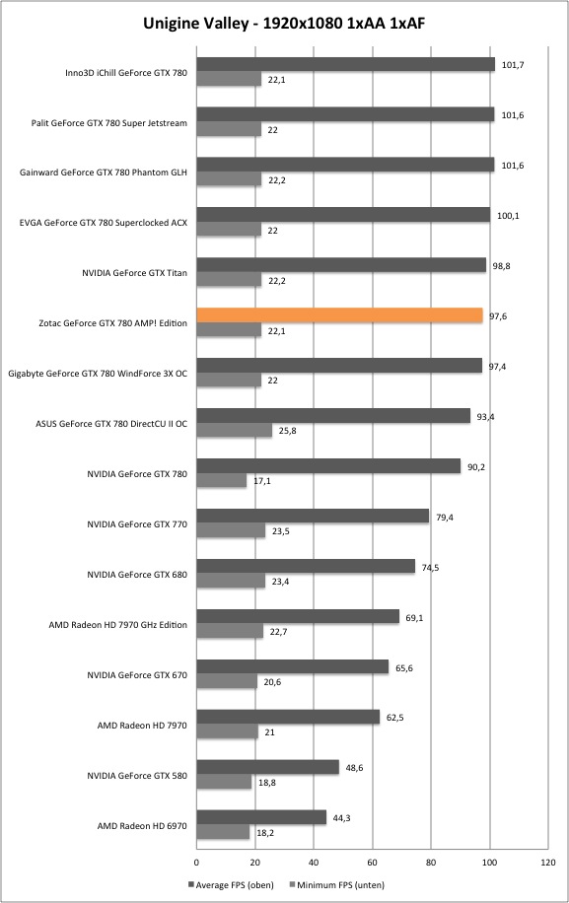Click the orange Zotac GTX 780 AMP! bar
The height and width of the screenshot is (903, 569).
pyautogui.click(x=340, y=315)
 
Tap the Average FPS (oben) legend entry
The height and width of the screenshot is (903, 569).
pyautogui.click(x=231, y=884)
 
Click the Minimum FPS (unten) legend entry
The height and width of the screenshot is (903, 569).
pyautogui.click(x=337, y=884)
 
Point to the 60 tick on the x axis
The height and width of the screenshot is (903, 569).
pyautogui.click(x=373, y=863)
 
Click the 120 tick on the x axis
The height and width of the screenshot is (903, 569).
pyautogui.click(x=548, y=863)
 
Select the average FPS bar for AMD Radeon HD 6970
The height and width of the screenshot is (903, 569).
pyautogui.click(x=261, y=817)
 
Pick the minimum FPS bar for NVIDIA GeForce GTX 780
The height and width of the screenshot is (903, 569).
pyautogui.click(x=222, y=480)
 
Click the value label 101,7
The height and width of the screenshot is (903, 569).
pyautogui.click(x=513, y=65)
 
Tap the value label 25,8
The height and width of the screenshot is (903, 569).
pyautogui.click(x=287, y=430)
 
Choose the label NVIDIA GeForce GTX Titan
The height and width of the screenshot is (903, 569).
pyautogui.click(x=134, y=273)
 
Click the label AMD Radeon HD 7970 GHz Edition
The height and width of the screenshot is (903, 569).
pyautogui.click(x=118, y=625)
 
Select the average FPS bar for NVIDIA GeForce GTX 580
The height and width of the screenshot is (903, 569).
pyautogui.click(x=268, y=767)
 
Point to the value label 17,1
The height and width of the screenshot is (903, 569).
pyautogui.click(x=262, y=480)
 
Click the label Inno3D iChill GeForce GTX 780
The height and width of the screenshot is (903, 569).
pyautogui.click(x=126, y=73)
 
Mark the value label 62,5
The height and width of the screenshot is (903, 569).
pyautogui.click(x=394, y=718)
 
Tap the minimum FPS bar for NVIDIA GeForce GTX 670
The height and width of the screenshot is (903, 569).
pyautogui.click(x=227, y=682)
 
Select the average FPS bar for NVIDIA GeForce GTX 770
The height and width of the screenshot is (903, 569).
pyautogui.click(x=313, y=516)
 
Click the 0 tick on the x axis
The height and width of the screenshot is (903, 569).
pyautogui.click(x=196, y=863)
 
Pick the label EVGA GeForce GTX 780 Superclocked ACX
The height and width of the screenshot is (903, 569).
pyautogui.click(x=104, y=223)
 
